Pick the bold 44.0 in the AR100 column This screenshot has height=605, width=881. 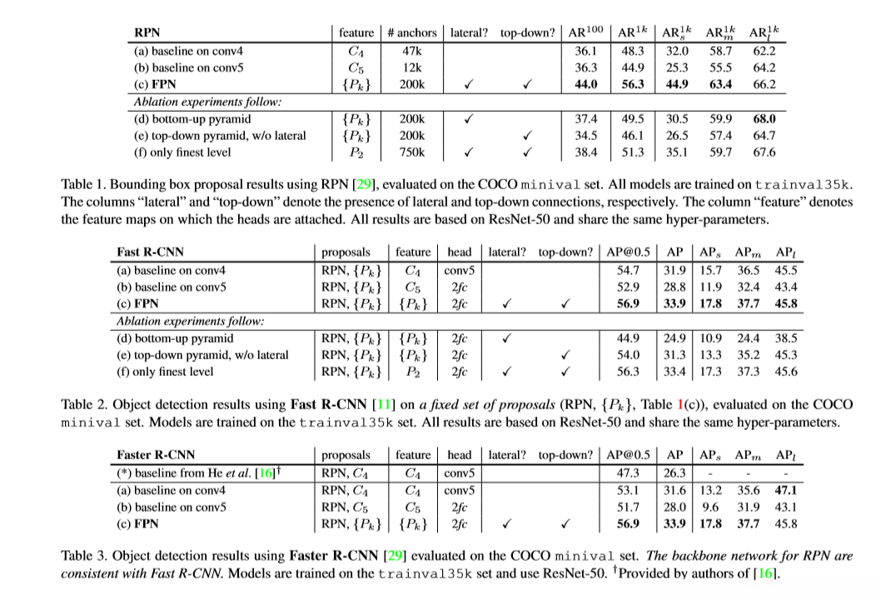click(586, 84)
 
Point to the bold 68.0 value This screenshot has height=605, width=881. click(764, 118)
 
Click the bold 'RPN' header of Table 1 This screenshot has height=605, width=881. click(147, 32)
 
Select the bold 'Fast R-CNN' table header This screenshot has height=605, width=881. click(151, 252)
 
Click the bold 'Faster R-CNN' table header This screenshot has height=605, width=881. click(156, 455)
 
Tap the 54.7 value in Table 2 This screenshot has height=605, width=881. click(628, 270)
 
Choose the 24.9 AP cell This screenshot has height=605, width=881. click(673, 338)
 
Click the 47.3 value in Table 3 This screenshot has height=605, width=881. click(628, 472)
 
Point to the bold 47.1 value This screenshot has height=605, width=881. click(785, 490)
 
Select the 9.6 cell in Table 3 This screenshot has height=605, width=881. click(709, 507)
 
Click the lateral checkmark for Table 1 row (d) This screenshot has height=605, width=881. click(468, 118)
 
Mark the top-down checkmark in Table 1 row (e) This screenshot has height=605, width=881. click(526, 135)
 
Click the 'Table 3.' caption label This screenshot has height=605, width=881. click(86, 557)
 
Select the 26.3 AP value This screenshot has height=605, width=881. click(673, 472)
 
